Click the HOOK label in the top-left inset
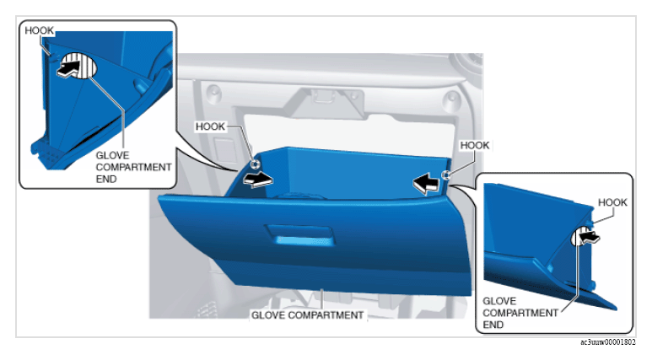click(x=39, y=30)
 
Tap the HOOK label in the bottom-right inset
click(x=612, y=202)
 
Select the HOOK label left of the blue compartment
click(x=210, y=126)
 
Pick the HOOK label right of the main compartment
click(x=474, y=146)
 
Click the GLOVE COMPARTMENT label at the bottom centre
click(x=307, y=315)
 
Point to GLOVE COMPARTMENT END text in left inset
click(x=133, y=167)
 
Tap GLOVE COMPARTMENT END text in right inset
click(x=520, y=313)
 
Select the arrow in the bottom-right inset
click(x=590, y=238)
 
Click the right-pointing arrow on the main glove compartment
click(x=258, y=180)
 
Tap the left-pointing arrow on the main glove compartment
click(x=426, y=184)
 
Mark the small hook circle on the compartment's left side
click(x=255, y=164)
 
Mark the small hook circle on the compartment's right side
click(x=445, y=175)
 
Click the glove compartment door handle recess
click(x=299, y=235)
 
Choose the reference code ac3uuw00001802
click(x=608, y=342)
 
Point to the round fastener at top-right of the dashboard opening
click(x=452, y=98)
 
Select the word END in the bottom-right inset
click(x=493, y=325)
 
